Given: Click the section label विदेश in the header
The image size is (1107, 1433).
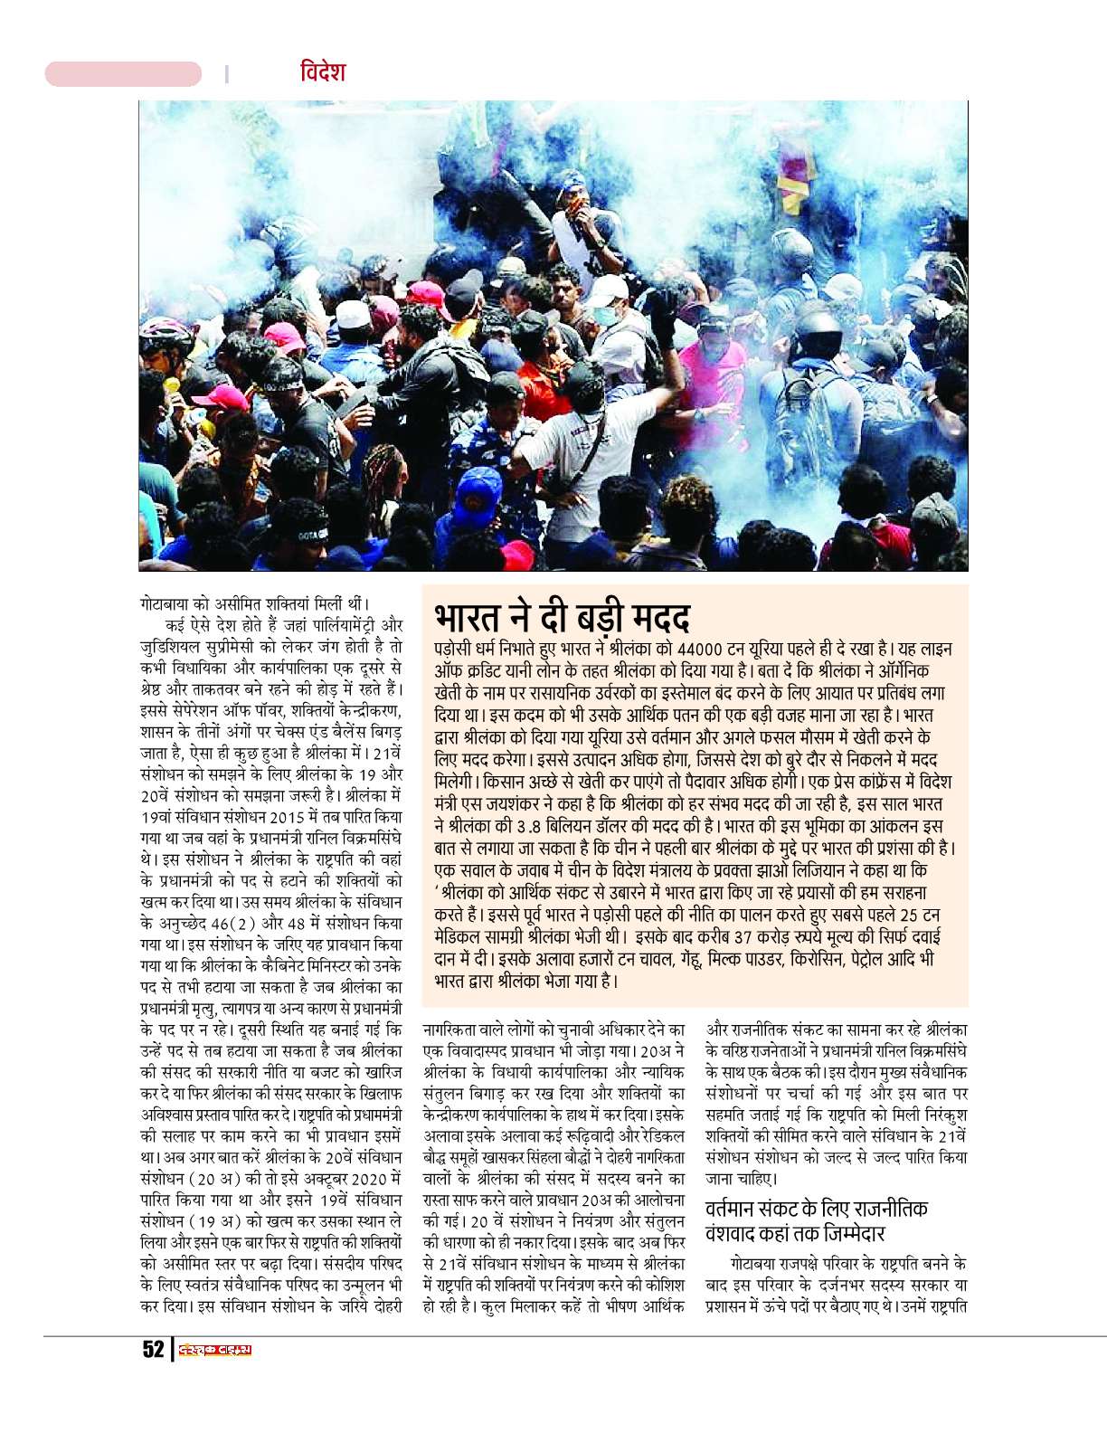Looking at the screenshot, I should point(323,72).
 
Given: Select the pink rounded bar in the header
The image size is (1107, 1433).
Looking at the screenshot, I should point(123,74).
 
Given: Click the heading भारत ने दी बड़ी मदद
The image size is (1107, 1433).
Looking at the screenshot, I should point(562,617).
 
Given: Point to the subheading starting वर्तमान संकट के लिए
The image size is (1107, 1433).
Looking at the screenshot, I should point(816,1221).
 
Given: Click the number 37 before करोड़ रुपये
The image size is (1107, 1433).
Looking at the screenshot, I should point(743,935).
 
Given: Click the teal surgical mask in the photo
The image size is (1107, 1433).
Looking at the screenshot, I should point(616,318).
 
